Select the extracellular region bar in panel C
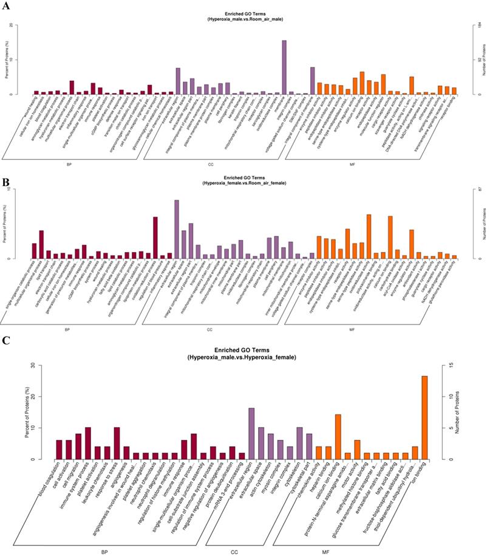click(251, 433)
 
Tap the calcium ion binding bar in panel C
click(338, 436)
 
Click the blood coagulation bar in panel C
click(60, 449)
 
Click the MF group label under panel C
click(326, 535)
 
